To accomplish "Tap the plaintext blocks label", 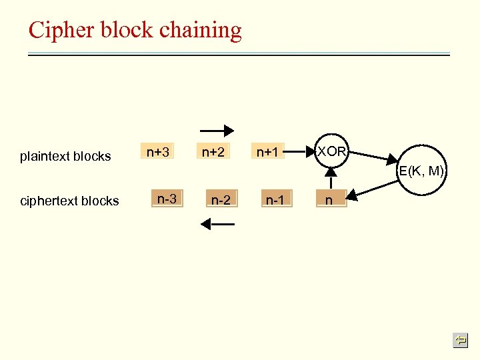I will click(x=65, y=157).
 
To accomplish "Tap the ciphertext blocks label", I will click(x=69, y=201).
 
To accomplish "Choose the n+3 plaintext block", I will click(x=157, y=152).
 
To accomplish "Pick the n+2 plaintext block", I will click(x=213, y=152).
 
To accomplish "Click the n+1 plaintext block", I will click(x=267, y=153).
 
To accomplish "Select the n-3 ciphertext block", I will click(x=167, y=199).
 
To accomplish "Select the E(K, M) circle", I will click(x=421, y=171).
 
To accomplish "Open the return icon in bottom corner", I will click(x=460, y=341).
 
